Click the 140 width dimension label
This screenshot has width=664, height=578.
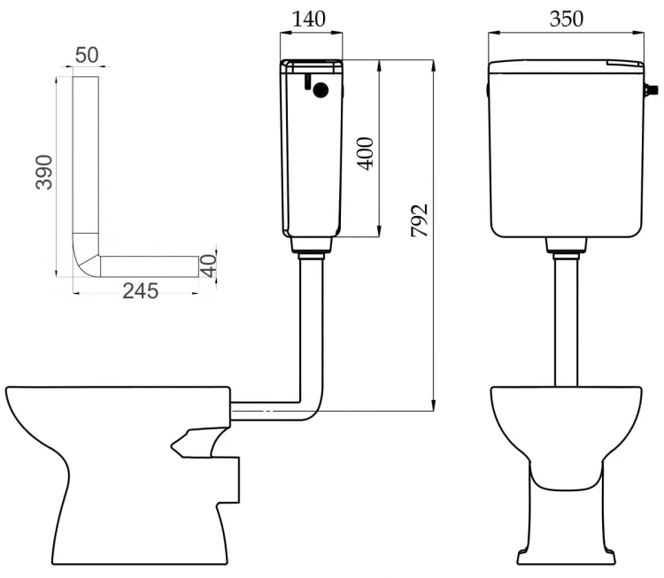[x=309, y=19]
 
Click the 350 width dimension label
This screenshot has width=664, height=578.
[x=567, y=19]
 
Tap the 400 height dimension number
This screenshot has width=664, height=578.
[x=365, y=153]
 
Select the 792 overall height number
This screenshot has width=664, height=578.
[x=420, y=220]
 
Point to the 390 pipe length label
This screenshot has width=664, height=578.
[x=44, y=172]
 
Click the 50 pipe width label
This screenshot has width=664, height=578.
[x=87, y=55]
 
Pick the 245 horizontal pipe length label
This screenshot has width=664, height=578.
[x=140, y=291]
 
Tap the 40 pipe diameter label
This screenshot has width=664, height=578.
[x=208, y=266]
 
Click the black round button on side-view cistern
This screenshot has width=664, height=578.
[x=320, y=89]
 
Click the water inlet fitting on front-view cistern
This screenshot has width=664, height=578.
[x=651, y=89]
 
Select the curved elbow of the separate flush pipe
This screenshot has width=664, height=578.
[x=87, y=255]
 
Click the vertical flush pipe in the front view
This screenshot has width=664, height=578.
[x=567, y=322]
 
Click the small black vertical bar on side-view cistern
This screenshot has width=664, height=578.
[x=307, y=82]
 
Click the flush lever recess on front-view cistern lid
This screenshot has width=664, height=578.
[x=624, y=63]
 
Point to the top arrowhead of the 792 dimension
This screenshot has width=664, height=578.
[x=433, y=65]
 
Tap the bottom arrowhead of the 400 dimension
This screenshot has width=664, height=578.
[x=379, y=232]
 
